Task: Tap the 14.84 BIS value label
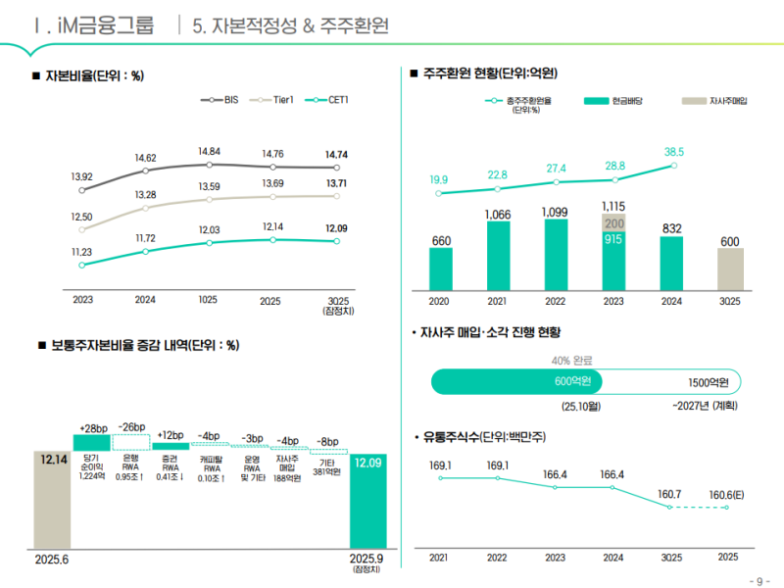coord(209,151)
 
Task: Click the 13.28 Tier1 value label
coord(145,194)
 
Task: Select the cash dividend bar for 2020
coord(441,269)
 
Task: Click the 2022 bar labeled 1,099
coord(556,254)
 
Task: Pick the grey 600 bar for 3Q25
coord(729,269)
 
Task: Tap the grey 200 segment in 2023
coord(614,223)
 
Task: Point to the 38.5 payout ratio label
coord(674,152)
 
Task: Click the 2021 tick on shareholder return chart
coord(498,301)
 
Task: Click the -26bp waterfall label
coord(131,427)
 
